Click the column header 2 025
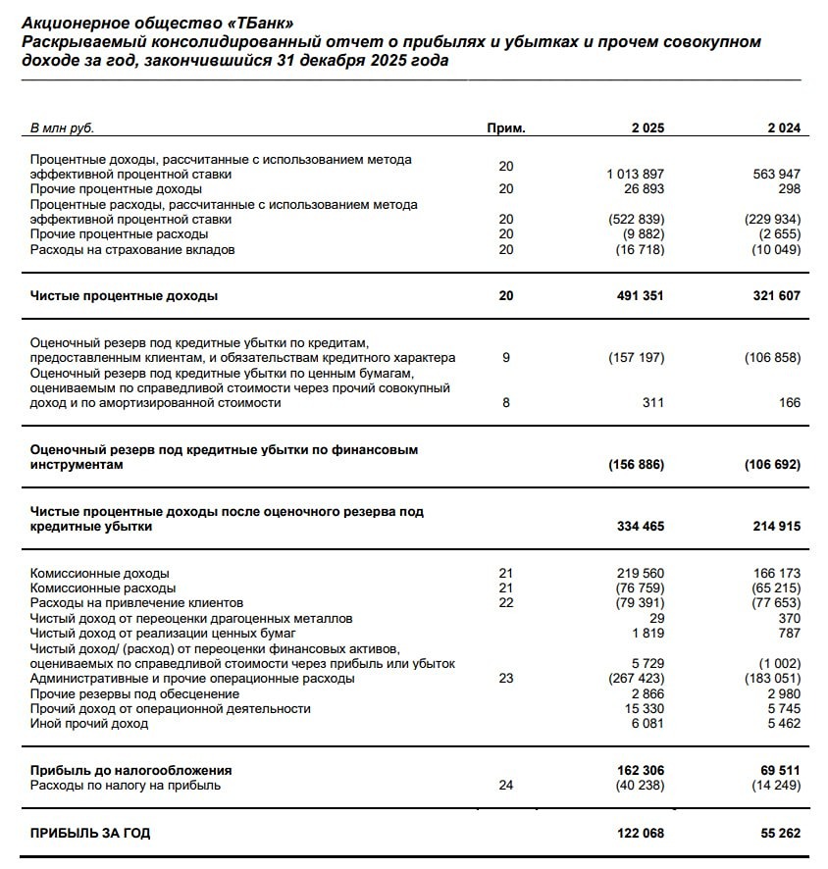[x=647, y=128]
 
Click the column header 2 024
[x=784, y=128]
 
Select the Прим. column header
[x=506, y=128]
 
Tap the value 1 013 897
[x=636, y=174]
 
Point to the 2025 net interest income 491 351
[x=639, y=295]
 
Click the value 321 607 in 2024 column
[x=775, y=295]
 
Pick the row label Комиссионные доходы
[x=99, y=573]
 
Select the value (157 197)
[x=637, y=358]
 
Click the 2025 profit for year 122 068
[x=639, y=834]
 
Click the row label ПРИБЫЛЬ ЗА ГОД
[x=90, y=834]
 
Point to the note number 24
[x=506, y=785]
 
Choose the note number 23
[x=506, y=679]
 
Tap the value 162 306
[x=639, y=770]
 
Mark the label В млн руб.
[x=62, y=128]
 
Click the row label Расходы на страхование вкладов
[x=132, y=249]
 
